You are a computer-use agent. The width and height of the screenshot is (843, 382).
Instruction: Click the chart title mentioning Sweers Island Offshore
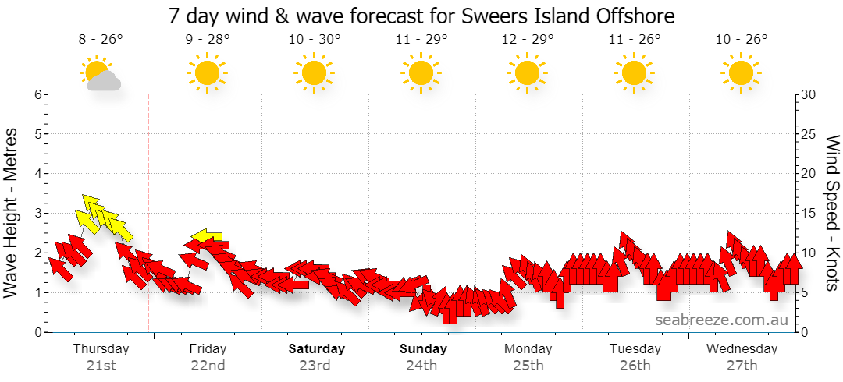tap(421, 16)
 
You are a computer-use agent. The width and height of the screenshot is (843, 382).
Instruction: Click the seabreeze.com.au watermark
tap(721, 320)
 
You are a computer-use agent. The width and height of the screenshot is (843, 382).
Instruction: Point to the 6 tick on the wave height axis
tap(38, 94)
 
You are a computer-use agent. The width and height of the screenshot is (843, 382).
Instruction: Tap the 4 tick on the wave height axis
tap(38, 174)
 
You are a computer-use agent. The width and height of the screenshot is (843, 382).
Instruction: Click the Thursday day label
tap(101, 348)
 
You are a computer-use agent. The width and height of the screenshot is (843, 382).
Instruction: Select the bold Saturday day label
tap(317, 348)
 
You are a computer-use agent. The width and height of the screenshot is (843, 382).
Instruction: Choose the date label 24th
tap(421, 366)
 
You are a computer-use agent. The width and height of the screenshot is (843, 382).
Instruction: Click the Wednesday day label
tap(742, 348)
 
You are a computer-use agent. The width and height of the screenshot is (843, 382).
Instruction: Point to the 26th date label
tap(635, 366)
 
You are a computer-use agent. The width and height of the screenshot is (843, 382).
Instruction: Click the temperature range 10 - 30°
tap(314, 39)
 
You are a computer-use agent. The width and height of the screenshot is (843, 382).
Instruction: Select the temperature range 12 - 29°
tap(528, 39)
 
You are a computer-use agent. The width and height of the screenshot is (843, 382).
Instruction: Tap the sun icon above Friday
tap(207, 73)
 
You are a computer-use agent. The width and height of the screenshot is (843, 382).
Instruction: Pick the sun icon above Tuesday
tap(635, 73)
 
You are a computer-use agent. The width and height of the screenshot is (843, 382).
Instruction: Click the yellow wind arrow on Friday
tap(208, 235)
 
